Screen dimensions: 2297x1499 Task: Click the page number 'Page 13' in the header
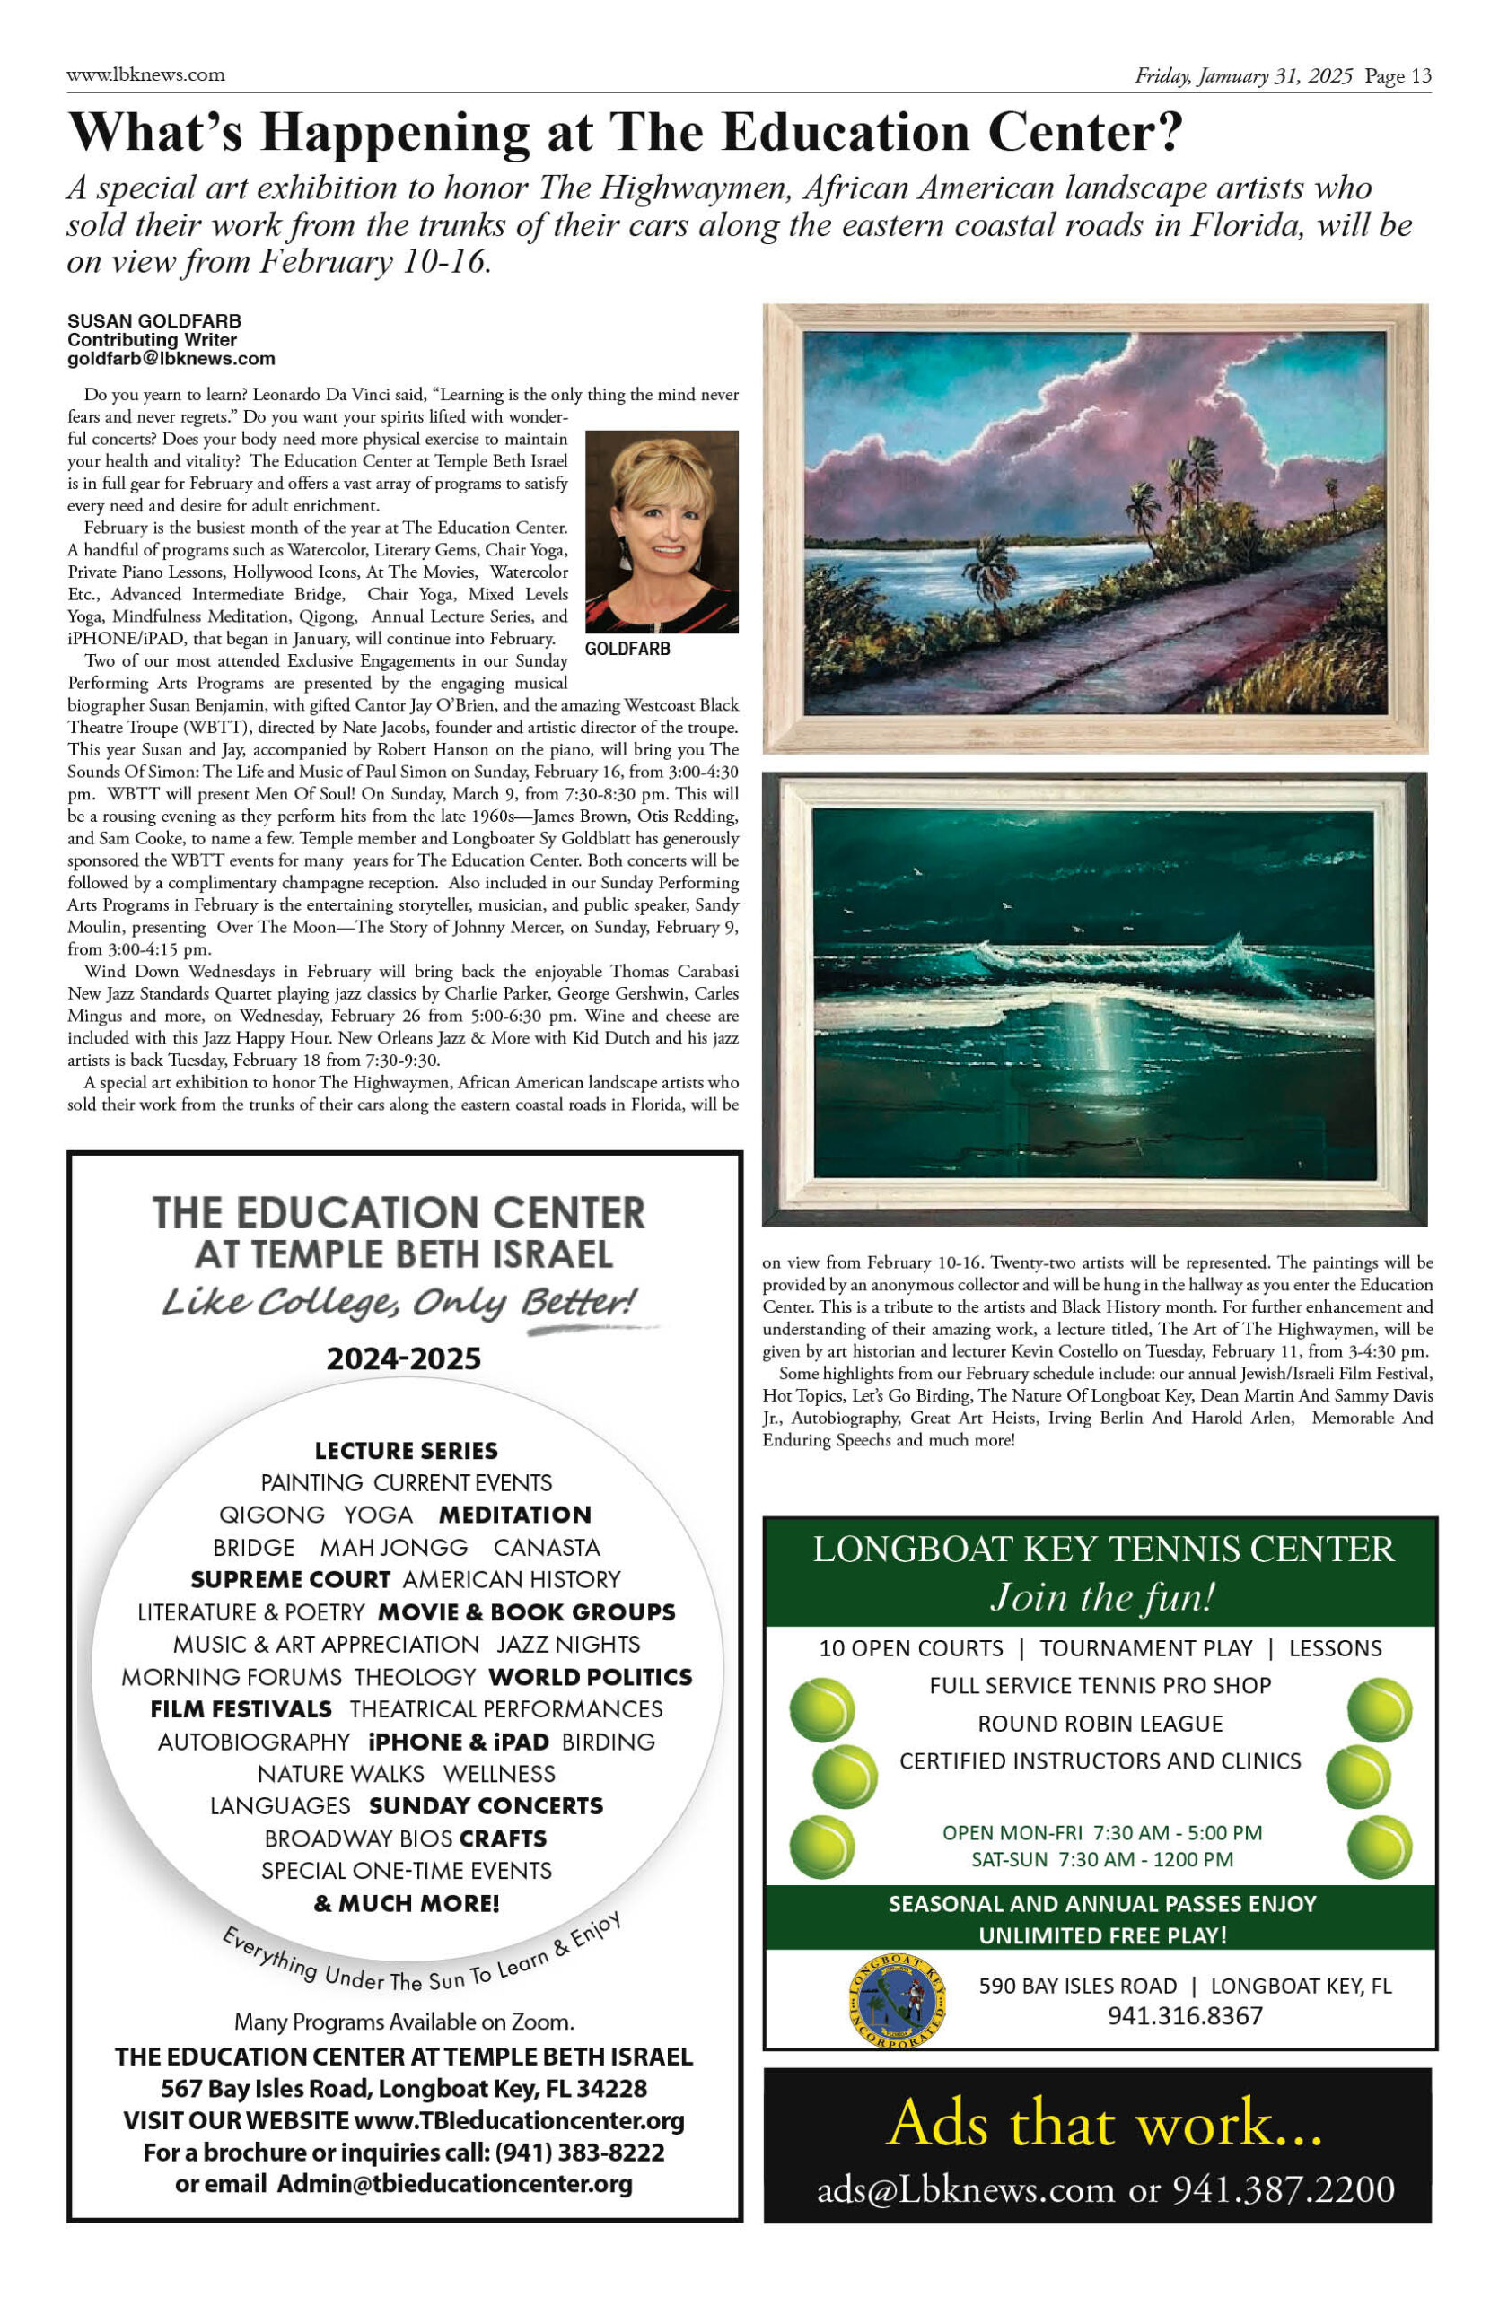click(x=1398, y=76)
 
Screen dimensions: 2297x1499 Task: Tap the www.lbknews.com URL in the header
click(x=145, y=74)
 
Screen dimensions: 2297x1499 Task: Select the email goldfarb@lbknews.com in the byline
click(x=171, y=359)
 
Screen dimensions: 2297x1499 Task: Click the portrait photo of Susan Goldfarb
click(x=662, y=532)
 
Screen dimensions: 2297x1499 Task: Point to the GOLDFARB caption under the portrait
click(x=627, y=649)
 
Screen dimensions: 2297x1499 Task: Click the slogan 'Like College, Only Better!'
click(x=399, y=1303)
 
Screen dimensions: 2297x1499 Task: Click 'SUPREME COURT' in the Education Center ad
click(x=291, y=1580)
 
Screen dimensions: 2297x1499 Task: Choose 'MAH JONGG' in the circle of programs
click(x=394, y=1547)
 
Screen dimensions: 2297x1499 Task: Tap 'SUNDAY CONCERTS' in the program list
click(x=486, y=1806)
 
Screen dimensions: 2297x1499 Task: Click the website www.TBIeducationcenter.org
click(x=520, y=2120)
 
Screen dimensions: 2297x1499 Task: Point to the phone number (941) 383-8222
click(x=579, y=2153)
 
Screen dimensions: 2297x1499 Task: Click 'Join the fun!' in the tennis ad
click(x=1101, y=1597)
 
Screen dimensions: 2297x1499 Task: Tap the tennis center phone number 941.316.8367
click(x=1184, y=2015)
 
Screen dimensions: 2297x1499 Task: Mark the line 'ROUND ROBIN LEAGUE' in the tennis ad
click(x=1100, y=1724)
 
